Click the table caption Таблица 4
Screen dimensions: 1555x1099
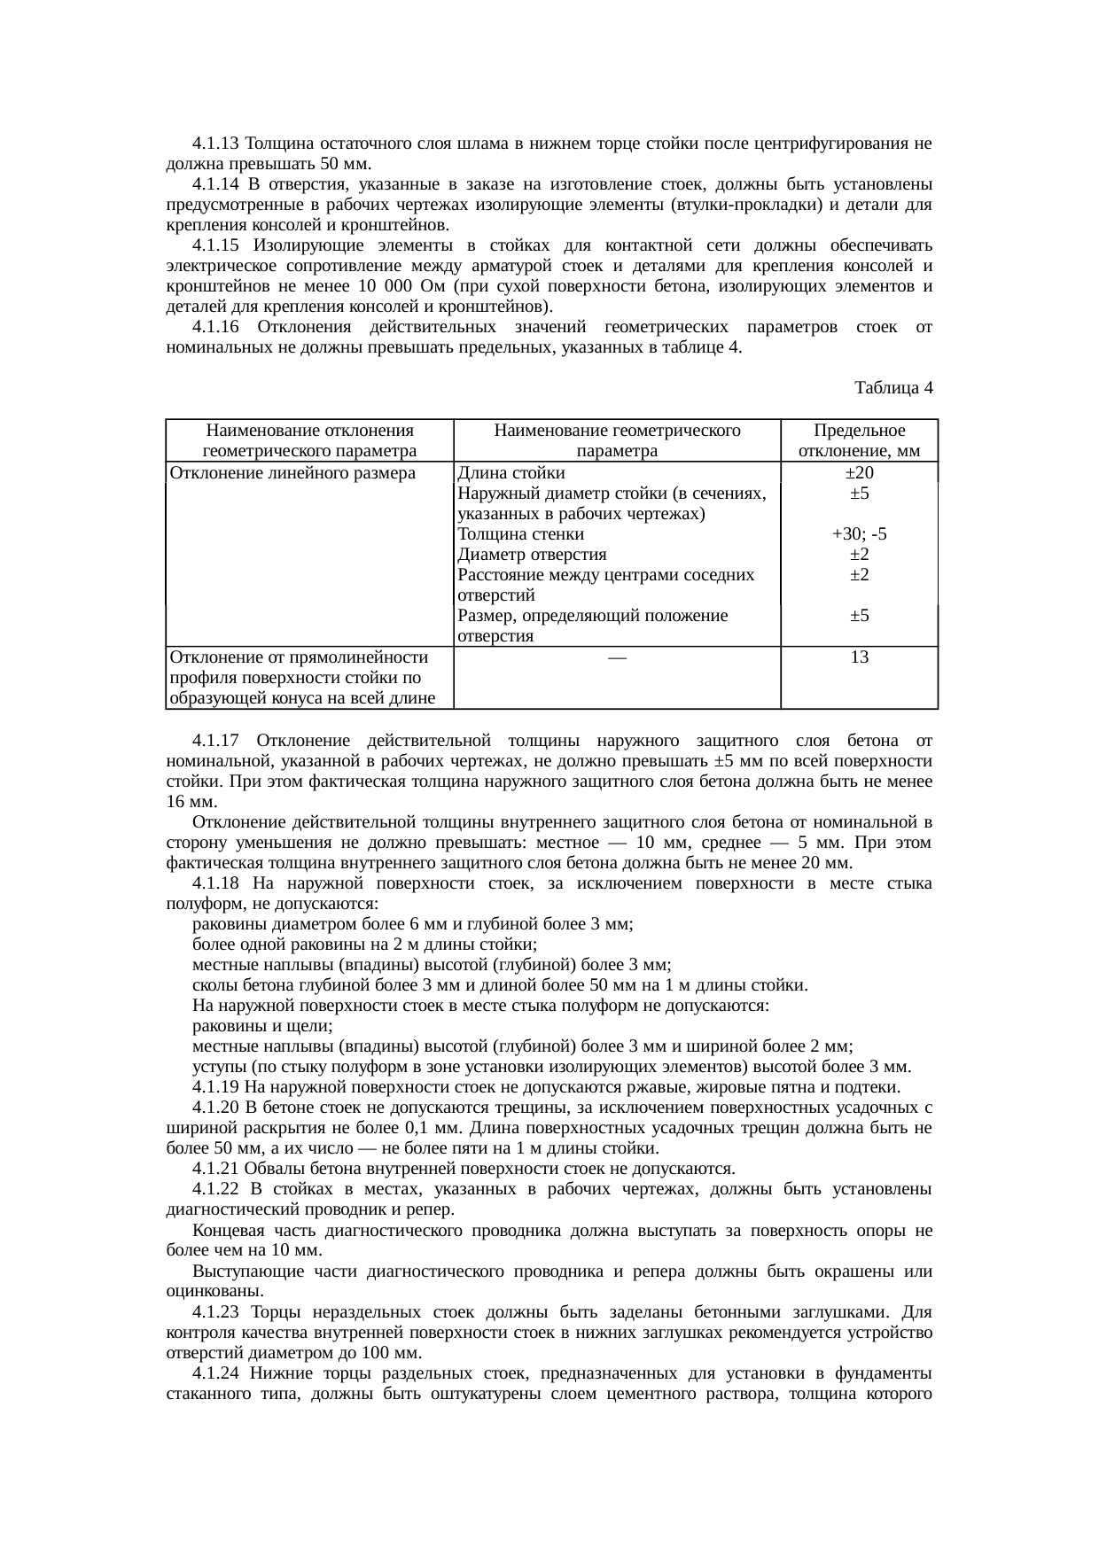coord(892,388)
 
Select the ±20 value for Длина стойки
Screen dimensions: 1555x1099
coord(858,473)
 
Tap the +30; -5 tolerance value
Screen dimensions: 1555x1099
coord(858,534)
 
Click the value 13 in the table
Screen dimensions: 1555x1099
coord(858,657)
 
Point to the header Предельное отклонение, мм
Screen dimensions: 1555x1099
coord(858,440)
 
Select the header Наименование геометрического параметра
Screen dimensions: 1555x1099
coord(617,440)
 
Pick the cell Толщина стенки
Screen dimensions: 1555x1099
coord(521,534)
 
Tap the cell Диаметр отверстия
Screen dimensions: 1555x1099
coord(532,555)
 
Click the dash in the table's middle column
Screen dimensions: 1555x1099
coord(617,658)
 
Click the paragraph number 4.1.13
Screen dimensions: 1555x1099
coord(216,144)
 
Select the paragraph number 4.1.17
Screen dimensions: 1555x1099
coord(216,741)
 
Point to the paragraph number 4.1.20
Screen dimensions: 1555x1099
coord(216,1108)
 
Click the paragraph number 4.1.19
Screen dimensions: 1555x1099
coord(216,1087)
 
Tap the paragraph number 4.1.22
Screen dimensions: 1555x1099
coord(216,1189)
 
